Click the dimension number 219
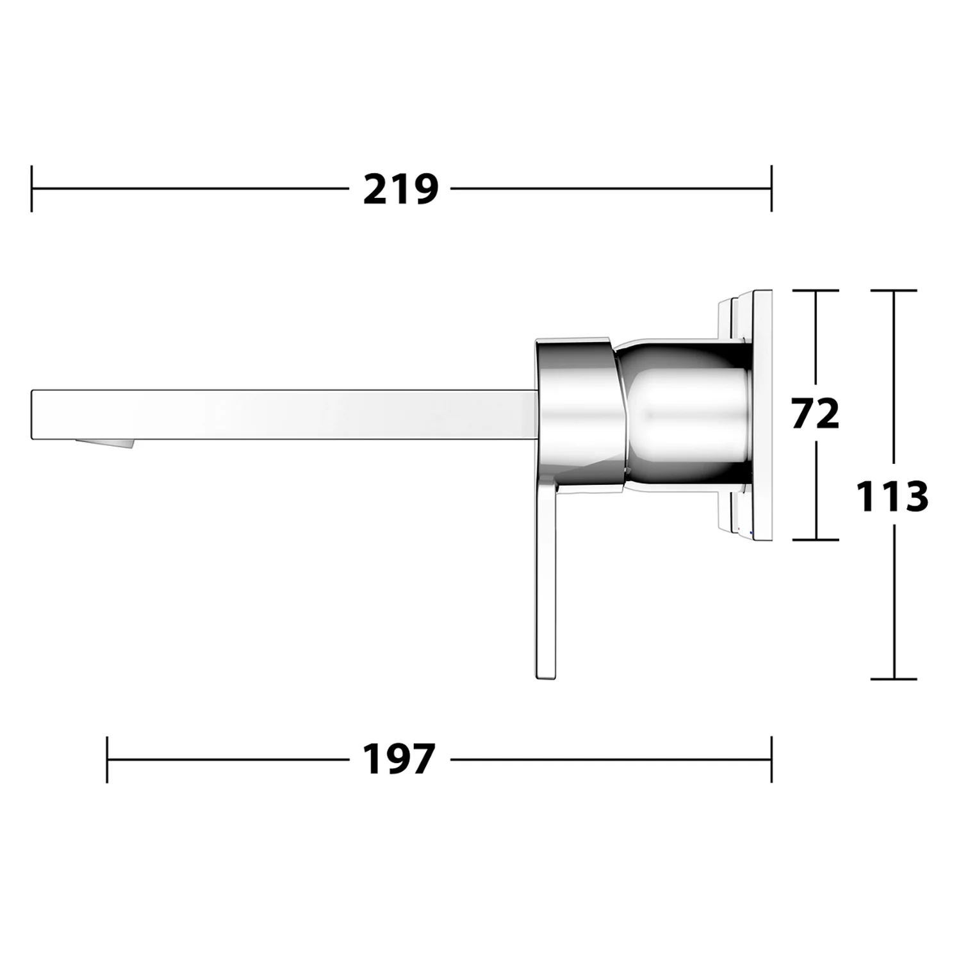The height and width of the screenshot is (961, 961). (400, 189)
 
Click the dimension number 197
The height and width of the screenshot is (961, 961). (399, 759)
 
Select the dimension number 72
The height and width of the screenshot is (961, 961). (815, 414)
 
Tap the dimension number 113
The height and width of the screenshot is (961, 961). (892, 496)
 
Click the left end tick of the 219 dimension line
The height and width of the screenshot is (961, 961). (31, 188)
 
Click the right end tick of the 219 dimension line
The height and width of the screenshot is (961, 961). (771, 188)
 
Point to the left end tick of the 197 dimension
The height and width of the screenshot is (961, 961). (107, 759)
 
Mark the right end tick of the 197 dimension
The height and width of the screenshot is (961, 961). (771, 759)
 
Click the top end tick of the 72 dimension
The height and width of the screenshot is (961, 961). (816, 290)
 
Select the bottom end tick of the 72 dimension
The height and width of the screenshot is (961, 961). (816, 539)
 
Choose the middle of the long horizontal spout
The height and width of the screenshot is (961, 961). (282, 414)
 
